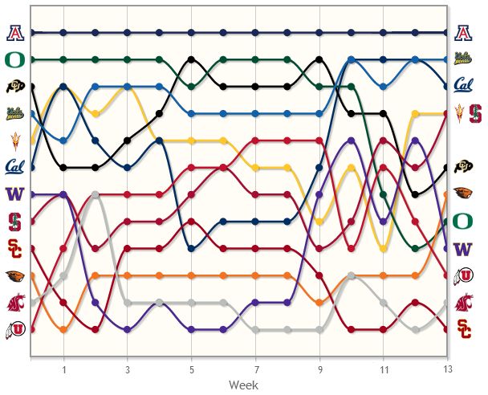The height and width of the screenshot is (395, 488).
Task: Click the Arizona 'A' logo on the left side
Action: click(14, 33)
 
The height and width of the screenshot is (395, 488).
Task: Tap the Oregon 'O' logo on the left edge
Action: click(14, 59)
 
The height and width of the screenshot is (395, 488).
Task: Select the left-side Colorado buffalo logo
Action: click(14, 87)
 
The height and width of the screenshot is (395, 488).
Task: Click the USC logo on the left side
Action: click(14, 247)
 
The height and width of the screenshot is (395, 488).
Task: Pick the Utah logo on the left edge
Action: click(14, 328)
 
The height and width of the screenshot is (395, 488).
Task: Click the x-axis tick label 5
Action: click(191, 370)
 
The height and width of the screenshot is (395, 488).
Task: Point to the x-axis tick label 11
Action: click(383, 370)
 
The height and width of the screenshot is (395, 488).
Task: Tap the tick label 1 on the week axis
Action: click(63, 370)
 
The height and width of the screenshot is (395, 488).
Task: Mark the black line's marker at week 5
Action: click(191, 59)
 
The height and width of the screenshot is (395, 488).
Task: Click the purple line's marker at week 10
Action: click(352, 140)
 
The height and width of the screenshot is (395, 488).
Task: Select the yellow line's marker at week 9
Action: click(319, 222)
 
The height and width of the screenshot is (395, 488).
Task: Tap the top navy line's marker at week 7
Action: click(255, 33)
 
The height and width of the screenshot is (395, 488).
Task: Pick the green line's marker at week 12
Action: click(415, 248)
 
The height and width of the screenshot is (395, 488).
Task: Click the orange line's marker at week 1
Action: click(63, 329)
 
